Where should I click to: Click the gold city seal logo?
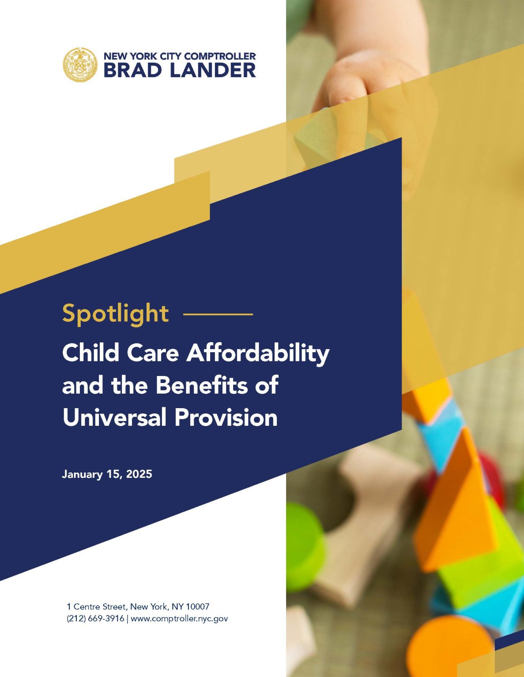click(x=79, y=64)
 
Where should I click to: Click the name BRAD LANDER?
click(x=179, y=71)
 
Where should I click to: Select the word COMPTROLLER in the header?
click(x=219, y=56)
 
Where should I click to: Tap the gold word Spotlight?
click(x=115, y=314)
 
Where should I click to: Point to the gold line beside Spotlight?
click(x=218, y=314)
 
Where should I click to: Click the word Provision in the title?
click(x=226, y=417)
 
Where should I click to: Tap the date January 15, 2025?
click(x=107, y=474)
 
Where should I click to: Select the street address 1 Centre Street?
click(x=95, y=607)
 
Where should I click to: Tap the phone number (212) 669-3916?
click(x=95, y=618)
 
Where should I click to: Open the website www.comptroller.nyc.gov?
click(x=179, y=618)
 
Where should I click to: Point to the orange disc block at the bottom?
click(x=450, y=644)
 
